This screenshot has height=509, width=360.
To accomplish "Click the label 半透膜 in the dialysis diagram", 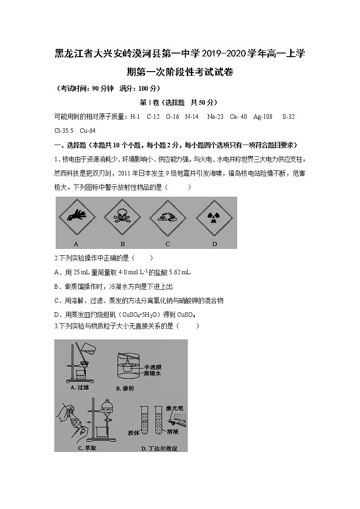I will coord(153,366).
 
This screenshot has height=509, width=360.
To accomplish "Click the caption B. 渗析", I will coord(125,388).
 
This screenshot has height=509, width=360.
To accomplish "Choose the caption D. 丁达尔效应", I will coord(159,448).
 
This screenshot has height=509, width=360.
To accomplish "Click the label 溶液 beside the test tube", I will coord(172,432).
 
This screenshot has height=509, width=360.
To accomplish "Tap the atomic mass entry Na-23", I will coord(215,117).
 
